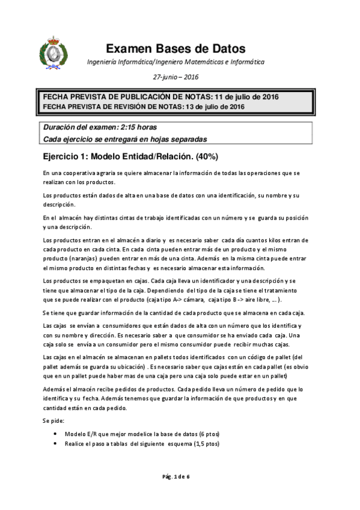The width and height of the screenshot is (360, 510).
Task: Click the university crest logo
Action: pos(50,53)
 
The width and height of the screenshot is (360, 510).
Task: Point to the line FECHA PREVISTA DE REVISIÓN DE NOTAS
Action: pos(143,106)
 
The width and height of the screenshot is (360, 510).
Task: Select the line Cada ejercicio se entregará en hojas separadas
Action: pos(125,139)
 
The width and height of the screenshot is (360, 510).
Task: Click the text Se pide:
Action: pos(52,422)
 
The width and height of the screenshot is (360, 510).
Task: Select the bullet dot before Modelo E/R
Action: pos(56,433)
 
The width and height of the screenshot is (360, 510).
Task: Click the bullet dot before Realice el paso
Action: pos(56,444)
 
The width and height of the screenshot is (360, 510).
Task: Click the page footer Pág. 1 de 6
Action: pos(175,476)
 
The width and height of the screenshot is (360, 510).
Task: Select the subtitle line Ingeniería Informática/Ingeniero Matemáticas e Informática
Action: pos(175,62)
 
